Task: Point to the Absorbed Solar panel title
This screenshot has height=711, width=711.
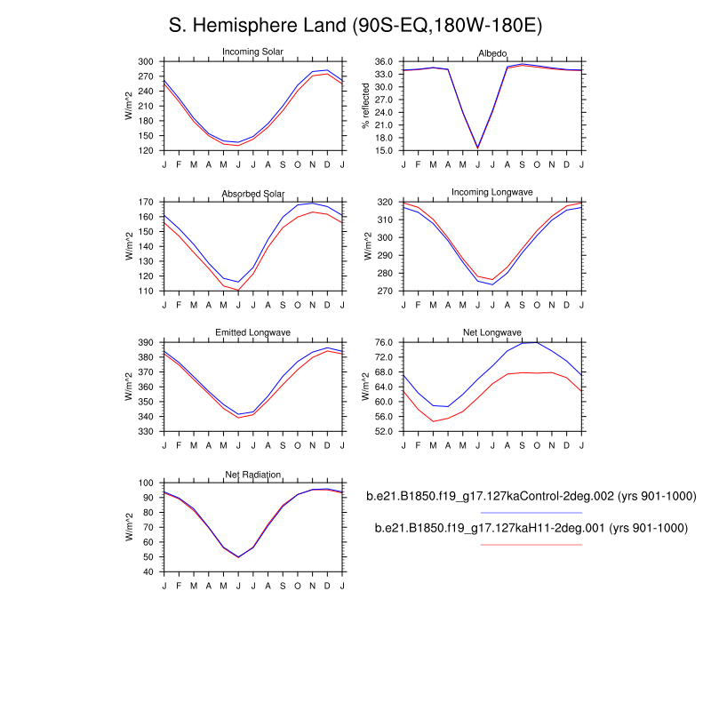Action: click(253, 195)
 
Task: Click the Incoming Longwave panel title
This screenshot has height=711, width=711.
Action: click(492, 193)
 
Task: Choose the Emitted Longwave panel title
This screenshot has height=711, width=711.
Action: click(253, 333)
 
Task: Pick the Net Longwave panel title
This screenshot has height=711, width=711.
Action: click(492, 333)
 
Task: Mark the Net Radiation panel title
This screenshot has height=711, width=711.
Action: click(253, 475)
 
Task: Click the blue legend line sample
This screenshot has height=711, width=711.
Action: click(531, 513)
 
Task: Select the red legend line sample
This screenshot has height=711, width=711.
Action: click(531, 544)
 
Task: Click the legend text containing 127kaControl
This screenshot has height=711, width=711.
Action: click(531, 497)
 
